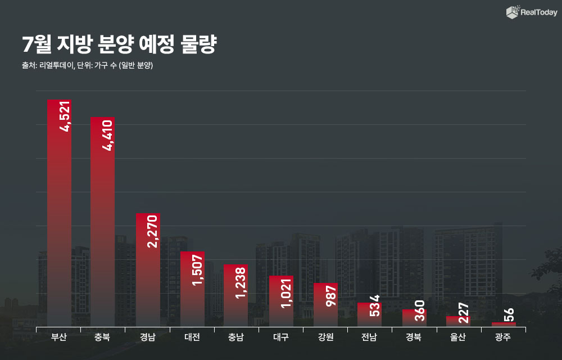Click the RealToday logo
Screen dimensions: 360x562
[532, 12]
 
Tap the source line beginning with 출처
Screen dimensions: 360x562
[87, 65]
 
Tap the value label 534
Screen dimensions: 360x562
[375, 305]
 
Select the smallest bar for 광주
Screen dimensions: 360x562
[504, 324]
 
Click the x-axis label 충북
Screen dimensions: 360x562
[103, 337]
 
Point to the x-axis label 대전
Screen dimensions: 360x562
[192, 337]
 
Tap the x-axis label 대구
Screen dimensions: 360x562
[281, 337]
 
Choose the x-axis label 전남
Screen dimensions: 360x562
[370, 337]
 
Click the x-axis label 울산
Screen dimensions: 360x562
[459, 337]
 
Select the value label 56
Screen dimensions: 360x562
[509, 314]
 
